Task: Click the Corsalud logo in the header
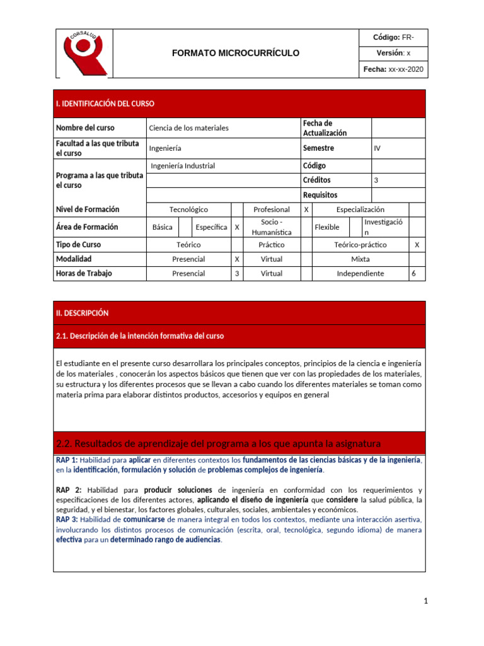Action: [x=83, y=53]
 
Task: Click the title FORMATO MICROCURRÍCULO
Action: [x=236, y=53]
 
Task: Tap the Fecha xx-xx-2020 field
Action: [x=393, y=69]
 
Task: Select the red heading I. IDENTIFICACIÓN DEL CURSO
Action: [x=105, y=103]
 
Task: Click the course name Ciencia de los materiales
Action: [x=188, y=128]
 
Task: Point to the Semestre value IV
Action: [x=377, y=148]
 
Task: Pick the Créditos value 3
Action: [x=376, y=180]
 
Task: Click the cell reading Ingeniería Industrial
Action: [x=183, y=166]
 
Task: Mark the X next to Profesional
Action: [x=306, y=209]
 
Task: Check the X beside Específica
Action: [x=237, y=227]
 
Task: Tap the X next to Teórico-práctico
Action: [x=417, y=244]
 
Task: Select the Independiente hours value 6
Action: [x=413, y=274]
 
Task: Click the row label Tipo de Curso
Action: [x=78, y=244]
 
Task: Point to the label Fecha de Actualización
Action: [x=325, y=128]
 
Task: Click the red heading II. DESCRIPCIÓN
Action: [x=83, y=313]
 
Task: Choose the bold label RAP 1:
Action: [x=67, y=460]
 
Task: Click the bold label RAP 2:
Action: [x=69, y=490]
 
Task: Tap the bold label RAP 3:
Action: [x=67, y=520]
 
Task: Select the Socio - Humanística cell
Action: [x=272, y=227]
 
